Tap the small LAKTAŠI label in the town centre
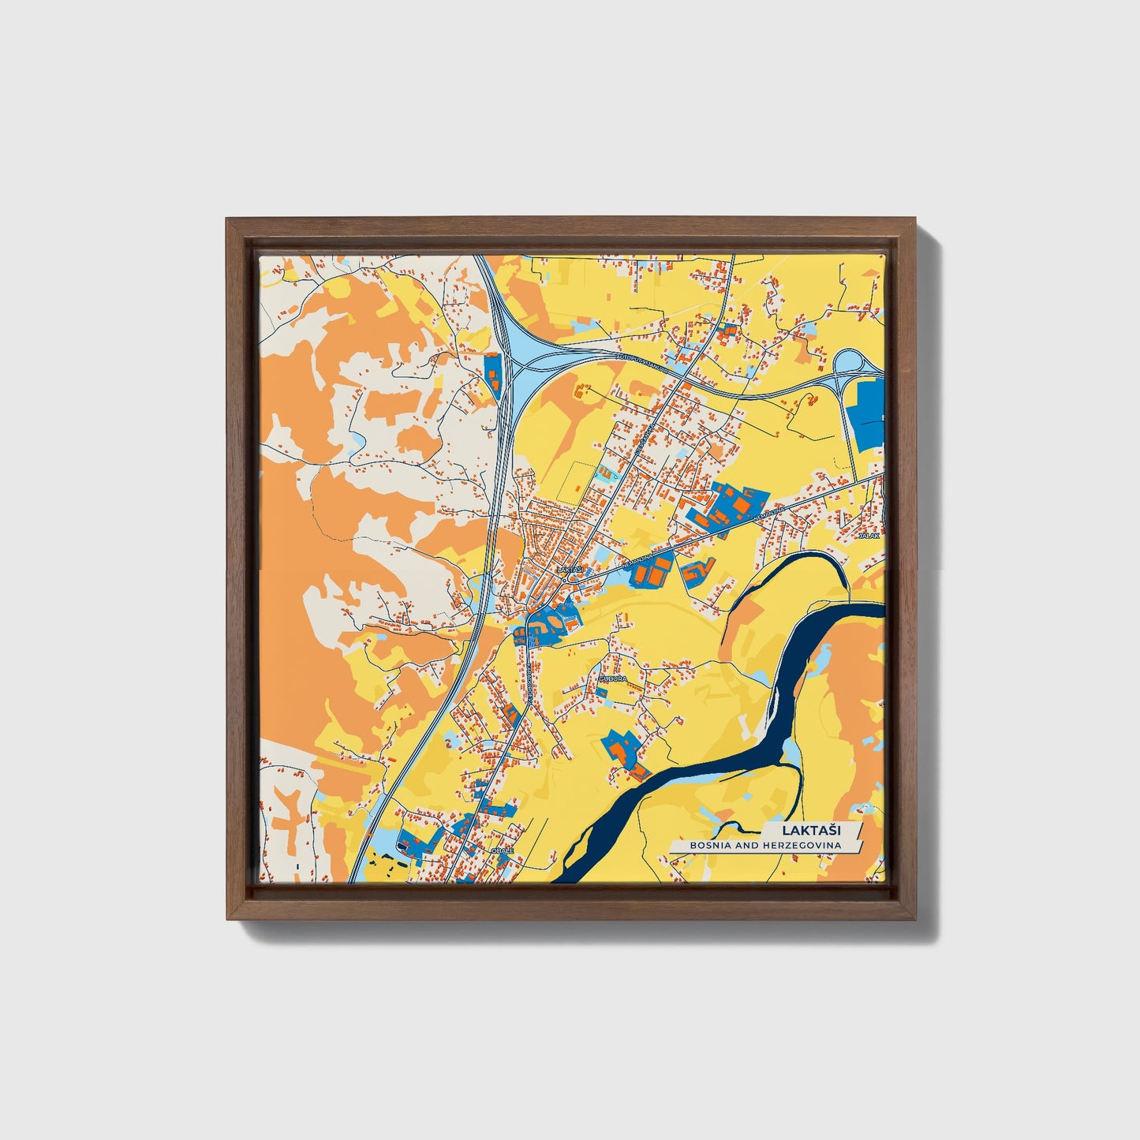point(568,568)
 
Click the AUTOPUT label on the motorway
point(641,363)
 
